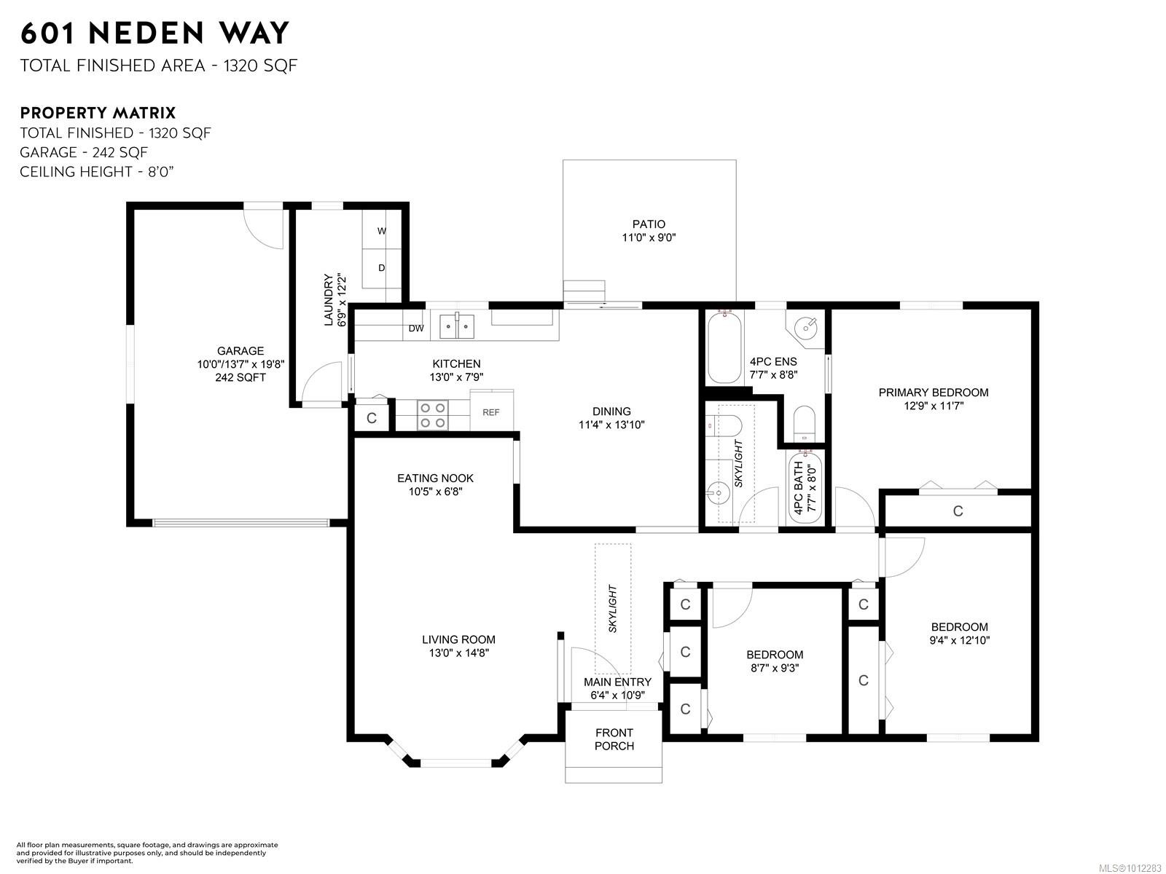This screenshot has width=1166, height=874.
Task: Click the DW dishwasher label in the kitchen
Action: click(416, 328)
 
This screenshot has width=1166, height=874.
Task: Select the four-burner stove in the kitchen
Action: click(432, 415)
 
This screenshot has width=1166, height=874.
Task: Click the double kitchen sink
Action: click(456, 326)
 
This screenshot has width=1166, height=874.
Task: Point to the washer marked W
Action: click(381, 229)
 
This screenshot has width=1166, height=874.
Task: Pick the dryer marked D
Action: click(381, 268)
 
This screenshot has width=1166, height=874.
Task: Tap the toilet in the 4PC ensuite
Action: click(804, 423)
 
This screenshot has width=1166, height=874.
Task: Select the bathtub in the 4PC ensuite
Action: click(724, 347)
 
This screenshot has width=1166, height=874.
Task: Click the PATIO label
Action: click(649, 224)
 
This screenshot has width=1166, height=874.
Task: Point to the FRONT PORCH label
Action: click(614, 739)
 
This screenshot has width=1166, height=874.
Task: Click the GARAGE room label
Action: click(240, 351)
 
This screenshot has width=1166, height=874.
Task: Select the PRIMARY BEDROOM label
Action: click(934, 392)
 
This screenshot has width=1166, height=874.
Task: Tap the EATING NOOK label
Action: click(435, 478)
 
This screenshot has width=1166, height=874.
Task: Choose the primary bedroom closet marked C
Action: click(958, 511)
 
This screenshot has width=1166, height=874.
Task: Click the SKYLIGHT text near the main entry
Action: click(612, 608)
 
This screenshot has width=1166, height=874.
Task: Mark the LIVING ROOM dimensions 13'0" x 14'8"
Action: click(459, 653)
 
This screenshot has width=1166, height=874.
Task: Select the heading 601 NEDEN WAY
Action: click(154, 33)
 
